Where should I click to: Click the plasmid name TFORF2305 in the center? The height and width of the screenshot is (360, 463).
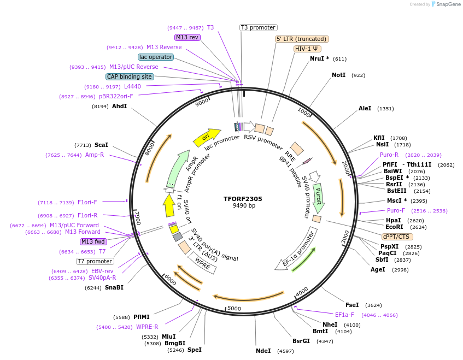(243, 199)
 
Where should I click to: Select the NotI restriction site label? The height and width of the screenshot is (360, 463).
(338, 75)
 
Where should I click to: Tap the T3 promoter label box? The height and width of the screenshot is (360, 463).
(259, 27)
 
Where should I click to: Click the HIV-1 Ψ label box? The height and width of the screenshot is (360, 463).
(307, 49)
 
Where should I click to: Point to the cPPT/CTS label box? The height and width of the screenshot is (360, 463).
(397, 237)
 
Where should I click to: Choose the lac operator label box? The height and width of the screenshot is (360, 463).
(156, 57)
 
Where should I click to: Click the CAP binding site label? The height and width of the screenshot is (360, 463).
(130, 77)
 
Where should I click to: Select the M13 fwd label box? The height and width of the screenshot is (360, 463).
(93, 241)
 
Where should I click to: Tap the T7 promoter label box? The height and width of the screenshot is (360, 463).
(95, 261)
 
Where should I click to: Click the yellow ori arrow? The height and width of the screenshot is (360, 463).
(207, 137)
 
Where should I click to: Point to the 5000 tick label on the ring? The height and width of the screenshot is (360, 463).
(234, 309)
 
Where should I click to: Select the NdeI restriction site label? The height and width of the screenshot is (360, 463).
(263, 351)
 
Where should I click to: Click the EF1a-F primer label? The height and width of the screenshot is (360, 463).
(344, 315)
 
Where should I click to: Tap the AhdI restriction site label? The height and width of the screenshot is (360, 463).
(119, 106)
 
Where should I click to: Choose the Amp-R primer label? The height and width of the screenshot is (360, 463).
(95, 155)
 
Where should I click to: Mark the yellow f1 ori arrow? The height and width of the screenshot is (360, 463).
(169, 206)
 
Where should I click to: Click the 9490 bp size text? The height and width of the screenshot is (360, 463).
(244, 206)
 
